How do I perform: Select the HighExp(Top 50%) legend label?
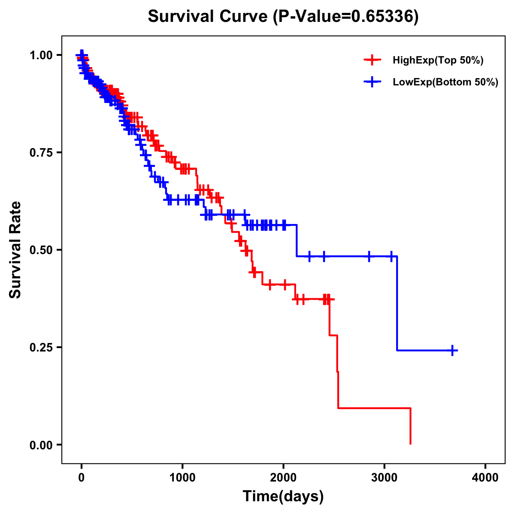click(x=438, y=61)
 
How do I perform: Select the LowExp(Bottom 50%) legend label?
click(x=445, y=82)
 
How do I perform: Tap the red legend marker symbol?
click(x=373, y=60)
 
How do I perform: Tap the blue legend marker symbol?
click(x=373, y=82)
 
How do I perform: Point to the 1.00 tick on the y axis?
click(x=41, y=55)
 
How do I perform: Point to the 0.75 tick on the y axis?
click(x=41, y=152)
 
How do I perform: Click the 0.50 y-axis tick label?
click(x=41, y=250)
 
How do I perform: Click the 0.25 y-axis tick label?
click(x=41, y=347)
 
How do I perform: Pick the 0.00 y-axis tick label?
click(x=41, y=445)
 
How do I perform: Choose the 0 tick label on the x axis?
click(x=82, y=478)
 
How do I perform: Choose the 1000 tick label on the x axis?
click(x=182, y=478)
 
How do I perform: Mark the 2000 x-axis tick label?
click(x=283, y=478)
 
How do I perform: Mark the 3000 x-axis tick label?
click(x=385, y=478)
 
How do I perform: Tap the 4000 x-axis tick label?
click(x=485, y=478)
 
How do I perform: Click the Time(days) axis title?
click(x=283, y=497)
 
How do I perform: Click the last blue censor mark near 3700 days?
click(x=452, y=350)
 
